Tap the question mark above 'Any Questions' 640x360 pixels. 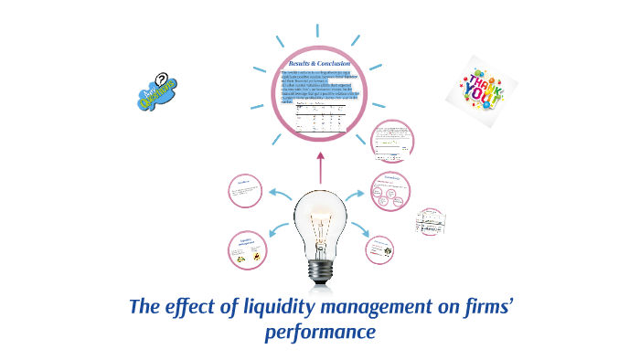point(162,81)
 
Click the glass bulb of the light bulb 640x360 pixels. point(320,215)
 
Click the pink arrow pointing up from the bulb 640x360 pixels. point(320,167)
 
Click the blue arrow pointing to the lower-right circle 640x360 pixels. point(359,236)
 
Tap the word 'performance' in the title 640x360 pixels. point(320,331)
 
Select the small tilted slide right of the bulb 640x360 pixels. point(430,220)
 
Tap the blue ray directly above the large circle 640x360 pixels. point(319,20)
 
